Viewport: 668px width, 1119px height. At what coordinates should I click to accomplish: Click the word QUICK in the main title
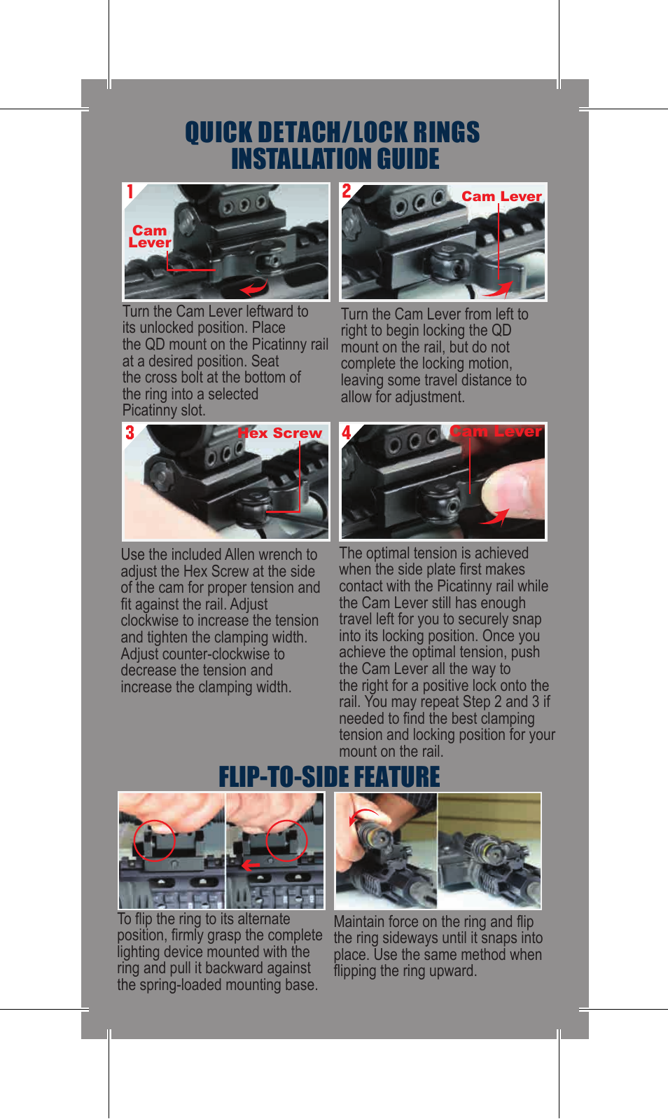click(218, 132)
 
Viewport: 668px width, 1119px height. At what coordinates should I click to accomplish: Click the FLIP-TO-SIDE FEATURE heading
click(329, 777)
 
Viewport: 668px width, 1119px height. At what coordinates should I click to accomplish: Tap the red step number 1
click(130, 192)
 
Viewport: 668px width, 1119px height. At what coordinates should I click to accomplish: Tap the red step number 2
click(347, 191)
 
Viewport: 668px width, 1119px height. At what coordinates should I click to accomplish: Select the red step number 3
click(130, 432)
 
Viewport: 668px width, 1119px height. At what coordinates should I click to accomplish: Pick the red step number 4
click(347, 432)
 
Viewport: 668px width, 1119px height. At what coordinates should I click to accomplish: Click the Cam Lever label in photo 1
click(150, 237)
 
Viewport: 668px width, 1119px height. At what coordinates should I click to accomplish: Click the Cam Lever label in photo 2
click(501, 197)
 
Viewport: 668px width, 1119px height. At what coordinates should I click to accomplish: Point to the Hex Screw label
click(279, 433)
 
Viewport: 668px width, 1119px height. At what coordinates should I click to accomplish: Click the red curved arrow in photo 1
click(253, 287)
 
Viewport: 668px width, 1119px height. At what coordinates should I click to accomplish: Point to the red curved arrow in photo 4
click(495, 518)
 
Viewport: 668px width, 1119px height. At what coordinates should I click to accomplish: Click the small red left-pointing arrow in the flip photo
click(250, 865)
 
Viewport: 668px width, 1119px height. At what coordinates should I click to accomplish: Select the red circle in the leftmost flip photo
click(154, 839)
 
